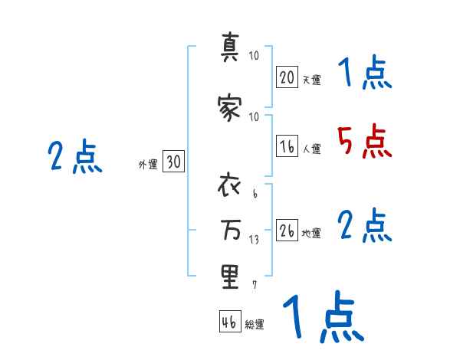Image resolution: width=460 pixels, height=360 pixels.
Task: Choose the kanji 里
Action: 229,277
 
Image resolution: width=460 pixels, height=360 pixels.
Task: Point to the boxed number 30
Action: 173,162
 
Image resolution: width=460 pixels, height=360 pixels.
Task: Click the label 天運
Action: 311,79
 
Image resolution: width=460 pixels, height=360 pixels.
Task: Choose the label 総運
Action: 255,325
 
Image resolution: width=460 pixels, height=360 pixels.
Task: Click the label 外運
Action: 147,164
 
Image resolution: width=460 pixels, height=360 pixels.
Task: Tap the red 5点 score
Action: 364,142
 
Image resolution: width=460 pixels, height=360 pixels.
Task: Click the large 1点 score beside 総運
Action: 322,318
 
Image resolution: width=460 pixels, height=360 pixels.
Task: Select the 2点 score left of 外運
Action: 75,158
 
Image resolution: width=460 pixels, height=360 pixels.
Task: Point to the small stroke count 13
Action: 254,240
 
